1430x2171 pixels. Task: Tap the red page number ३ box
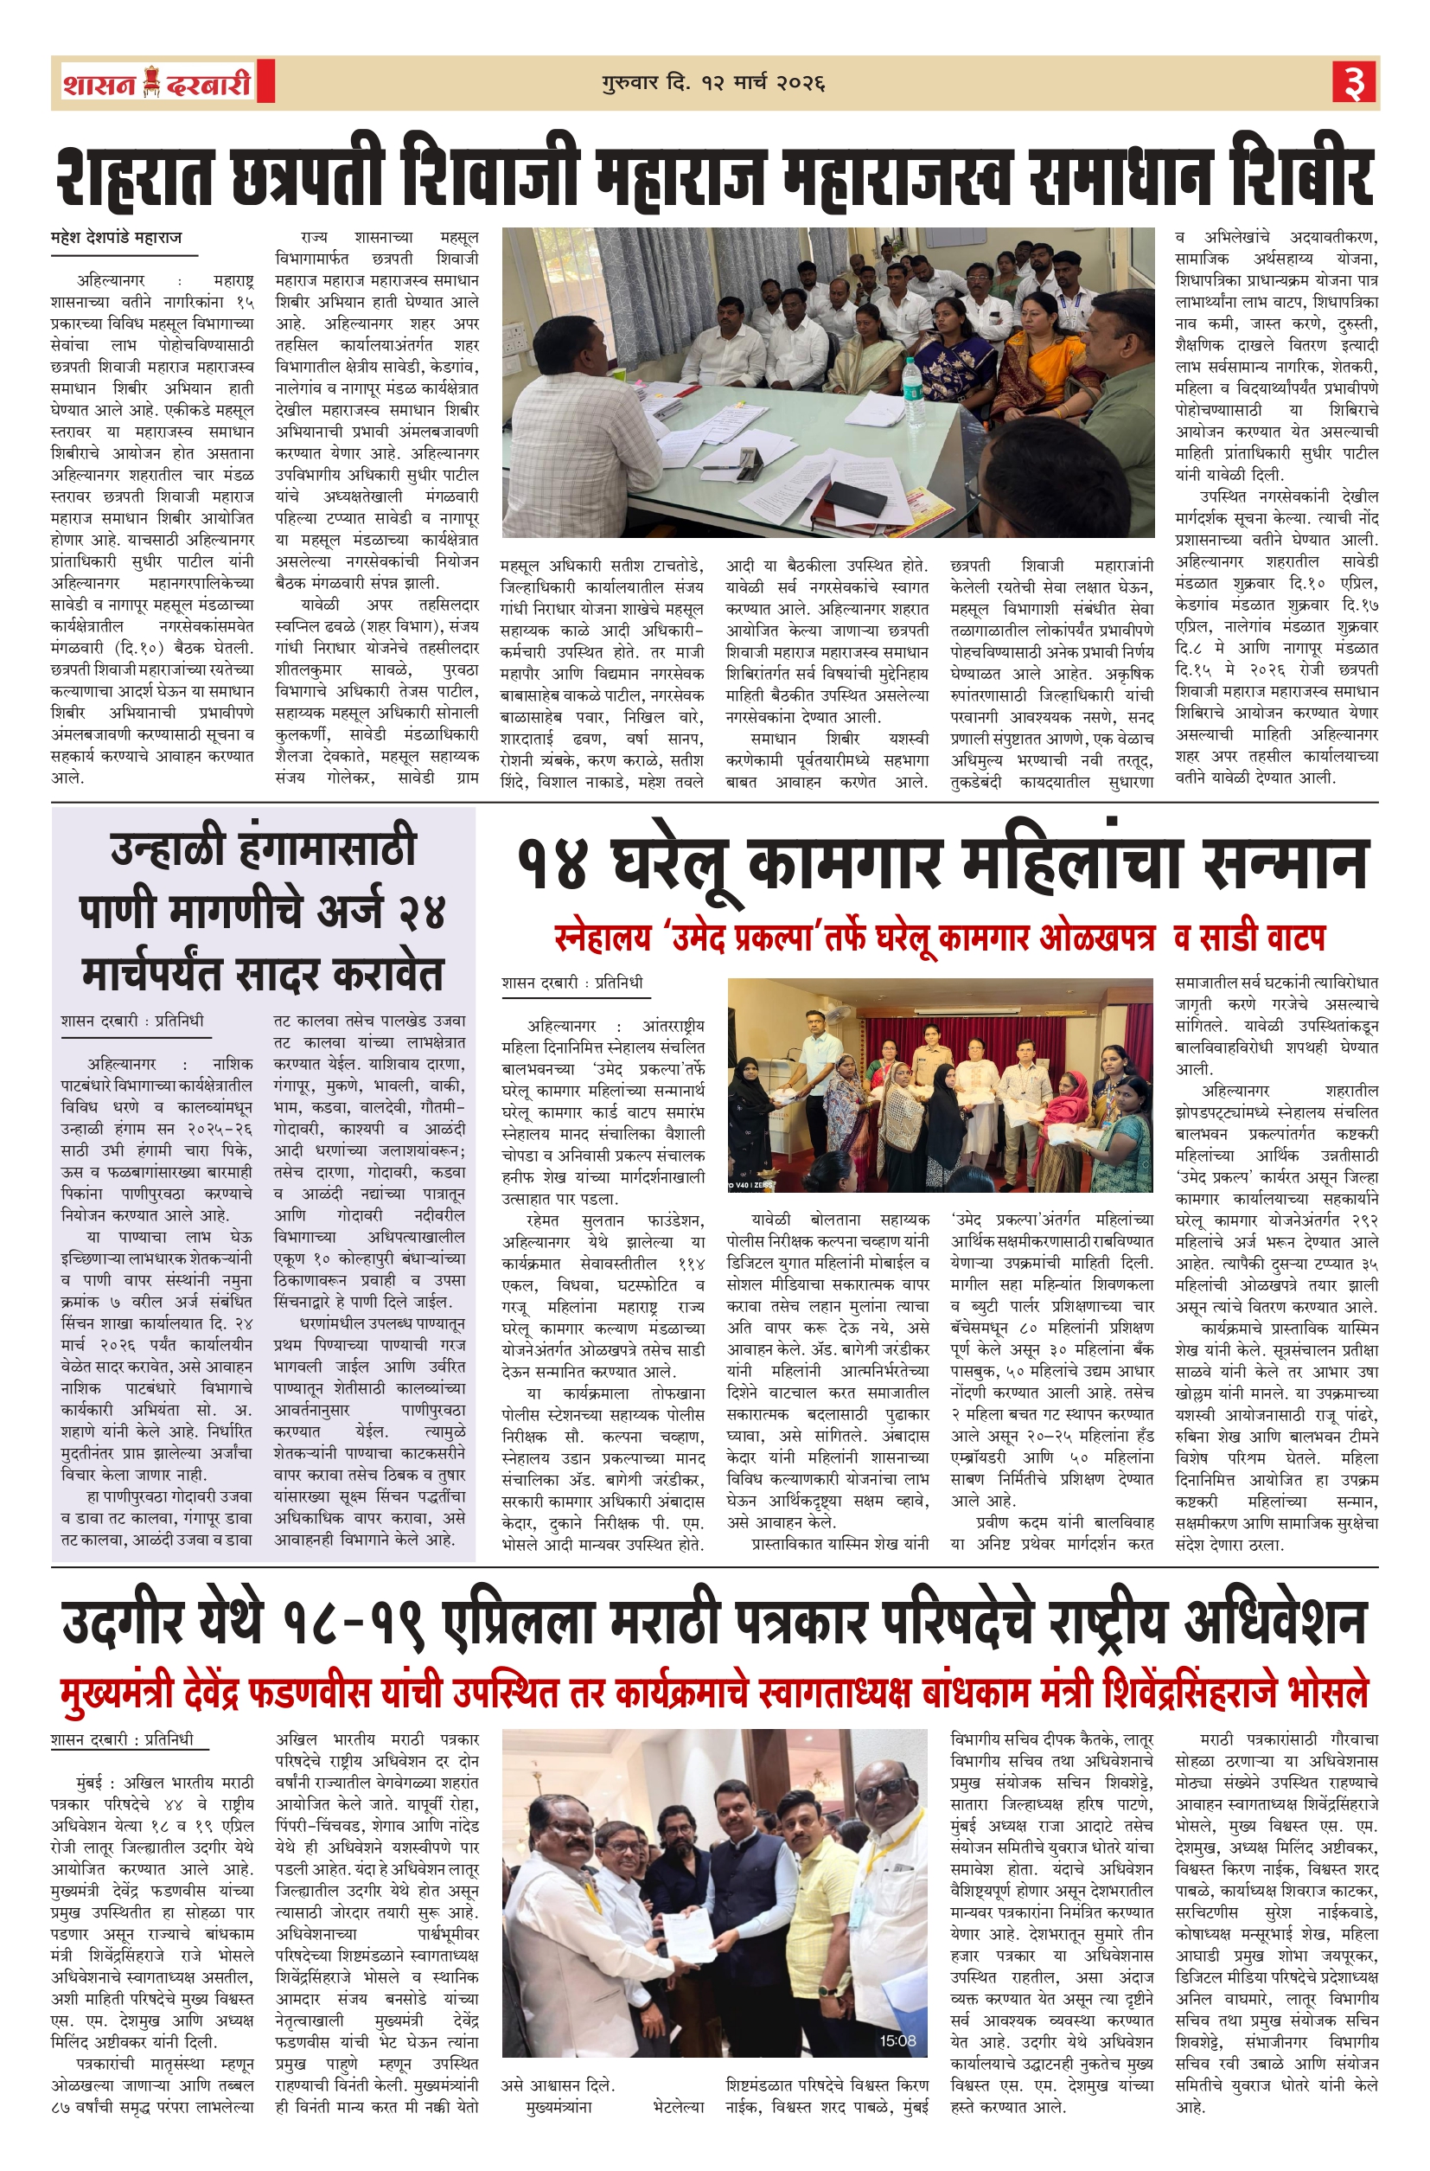click(1353, 83)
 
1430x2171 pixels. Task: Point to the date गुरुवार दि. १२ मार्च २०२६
click(713, 84)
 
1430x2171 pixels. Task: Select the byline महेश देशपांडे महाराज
click(117, 238)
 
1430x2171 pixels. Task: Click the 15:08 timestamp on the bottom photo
click(897, 2040)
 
